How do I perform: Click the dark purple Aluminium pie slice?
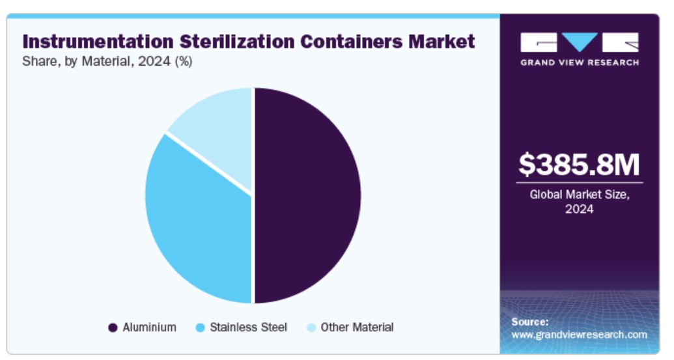306,195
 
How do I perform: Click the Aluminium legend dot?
113,327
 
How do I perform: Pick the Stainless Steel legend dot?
201,327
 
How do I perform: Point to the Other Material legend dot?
311,327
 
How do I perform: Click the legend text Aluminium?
149,327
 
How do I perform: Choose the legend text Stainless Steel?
248,327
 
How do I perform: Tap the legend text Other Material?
358,327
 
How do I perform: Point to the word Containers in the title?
352,42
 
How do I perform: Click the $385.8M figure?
579,165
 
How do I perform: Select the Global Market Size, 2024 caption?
579,201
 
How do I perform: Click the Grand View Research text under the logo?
579,62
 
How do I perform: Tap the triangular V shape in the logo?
579,42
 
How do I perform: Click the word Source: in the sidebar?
529,322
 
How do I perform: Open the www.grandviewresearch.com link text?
579,335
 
